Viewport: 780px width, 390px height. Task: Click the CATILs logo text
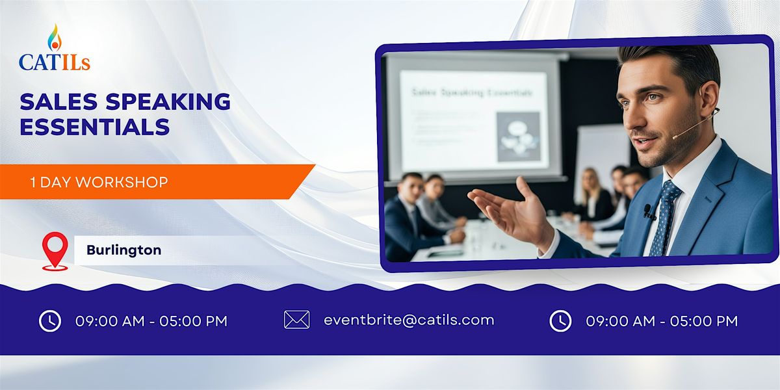click(55, 62)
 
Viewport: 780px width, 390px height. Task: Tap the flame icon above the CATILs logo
click(54, 38)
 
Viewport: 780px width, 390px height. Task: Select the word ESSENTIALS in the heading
click(94, 126)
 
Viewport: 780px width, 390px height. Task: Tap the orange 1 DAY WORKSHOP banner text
click(99, 183)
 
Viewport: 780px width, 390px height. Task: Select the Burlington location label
click(123, 250)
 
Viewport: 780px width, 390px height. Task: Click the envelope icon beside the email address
click(296, 320)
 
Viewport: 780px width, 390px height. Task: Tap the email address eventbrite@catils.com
click(409, 320)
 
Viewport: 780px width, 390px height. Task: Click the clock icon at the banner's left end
click(50, 320)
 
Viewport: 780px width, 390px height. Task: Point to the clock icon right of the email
click(560, 320)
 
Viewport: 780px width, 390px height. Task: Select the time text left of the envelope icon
click(151, 321)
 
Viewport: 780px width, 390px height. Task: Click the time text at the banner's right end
click(662, 320)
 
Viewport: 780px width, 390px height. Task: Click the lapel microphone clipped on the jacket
click(648, 211)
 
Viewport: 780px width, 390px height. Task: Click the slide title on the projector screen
click(472, 93)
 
